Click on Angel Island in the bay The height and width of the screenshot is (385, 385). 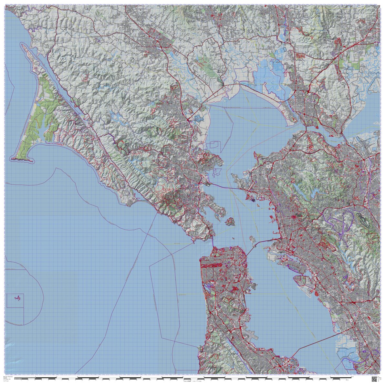(x=230, y=222)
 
